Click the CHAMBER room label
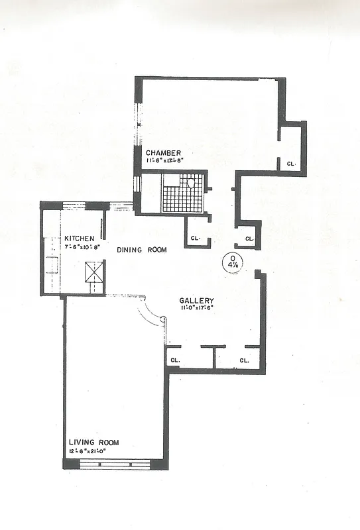[x=163, y=152]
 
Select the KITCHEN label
[x=80, y=238]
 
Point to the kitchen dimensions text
[x=81, y=247]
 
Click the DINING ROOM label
[x=141, y=250]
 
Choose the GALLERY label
[x=196, y=300]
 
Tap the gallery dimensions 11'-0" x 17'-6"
[x=197, y=308]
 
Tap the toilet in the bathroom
[x=191, y=182]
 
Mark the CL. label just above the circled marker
[x=249, y=238]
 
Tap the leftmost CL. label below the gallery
[x=175, y=360]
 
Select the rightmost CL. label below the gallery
[x=244, y=360]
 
